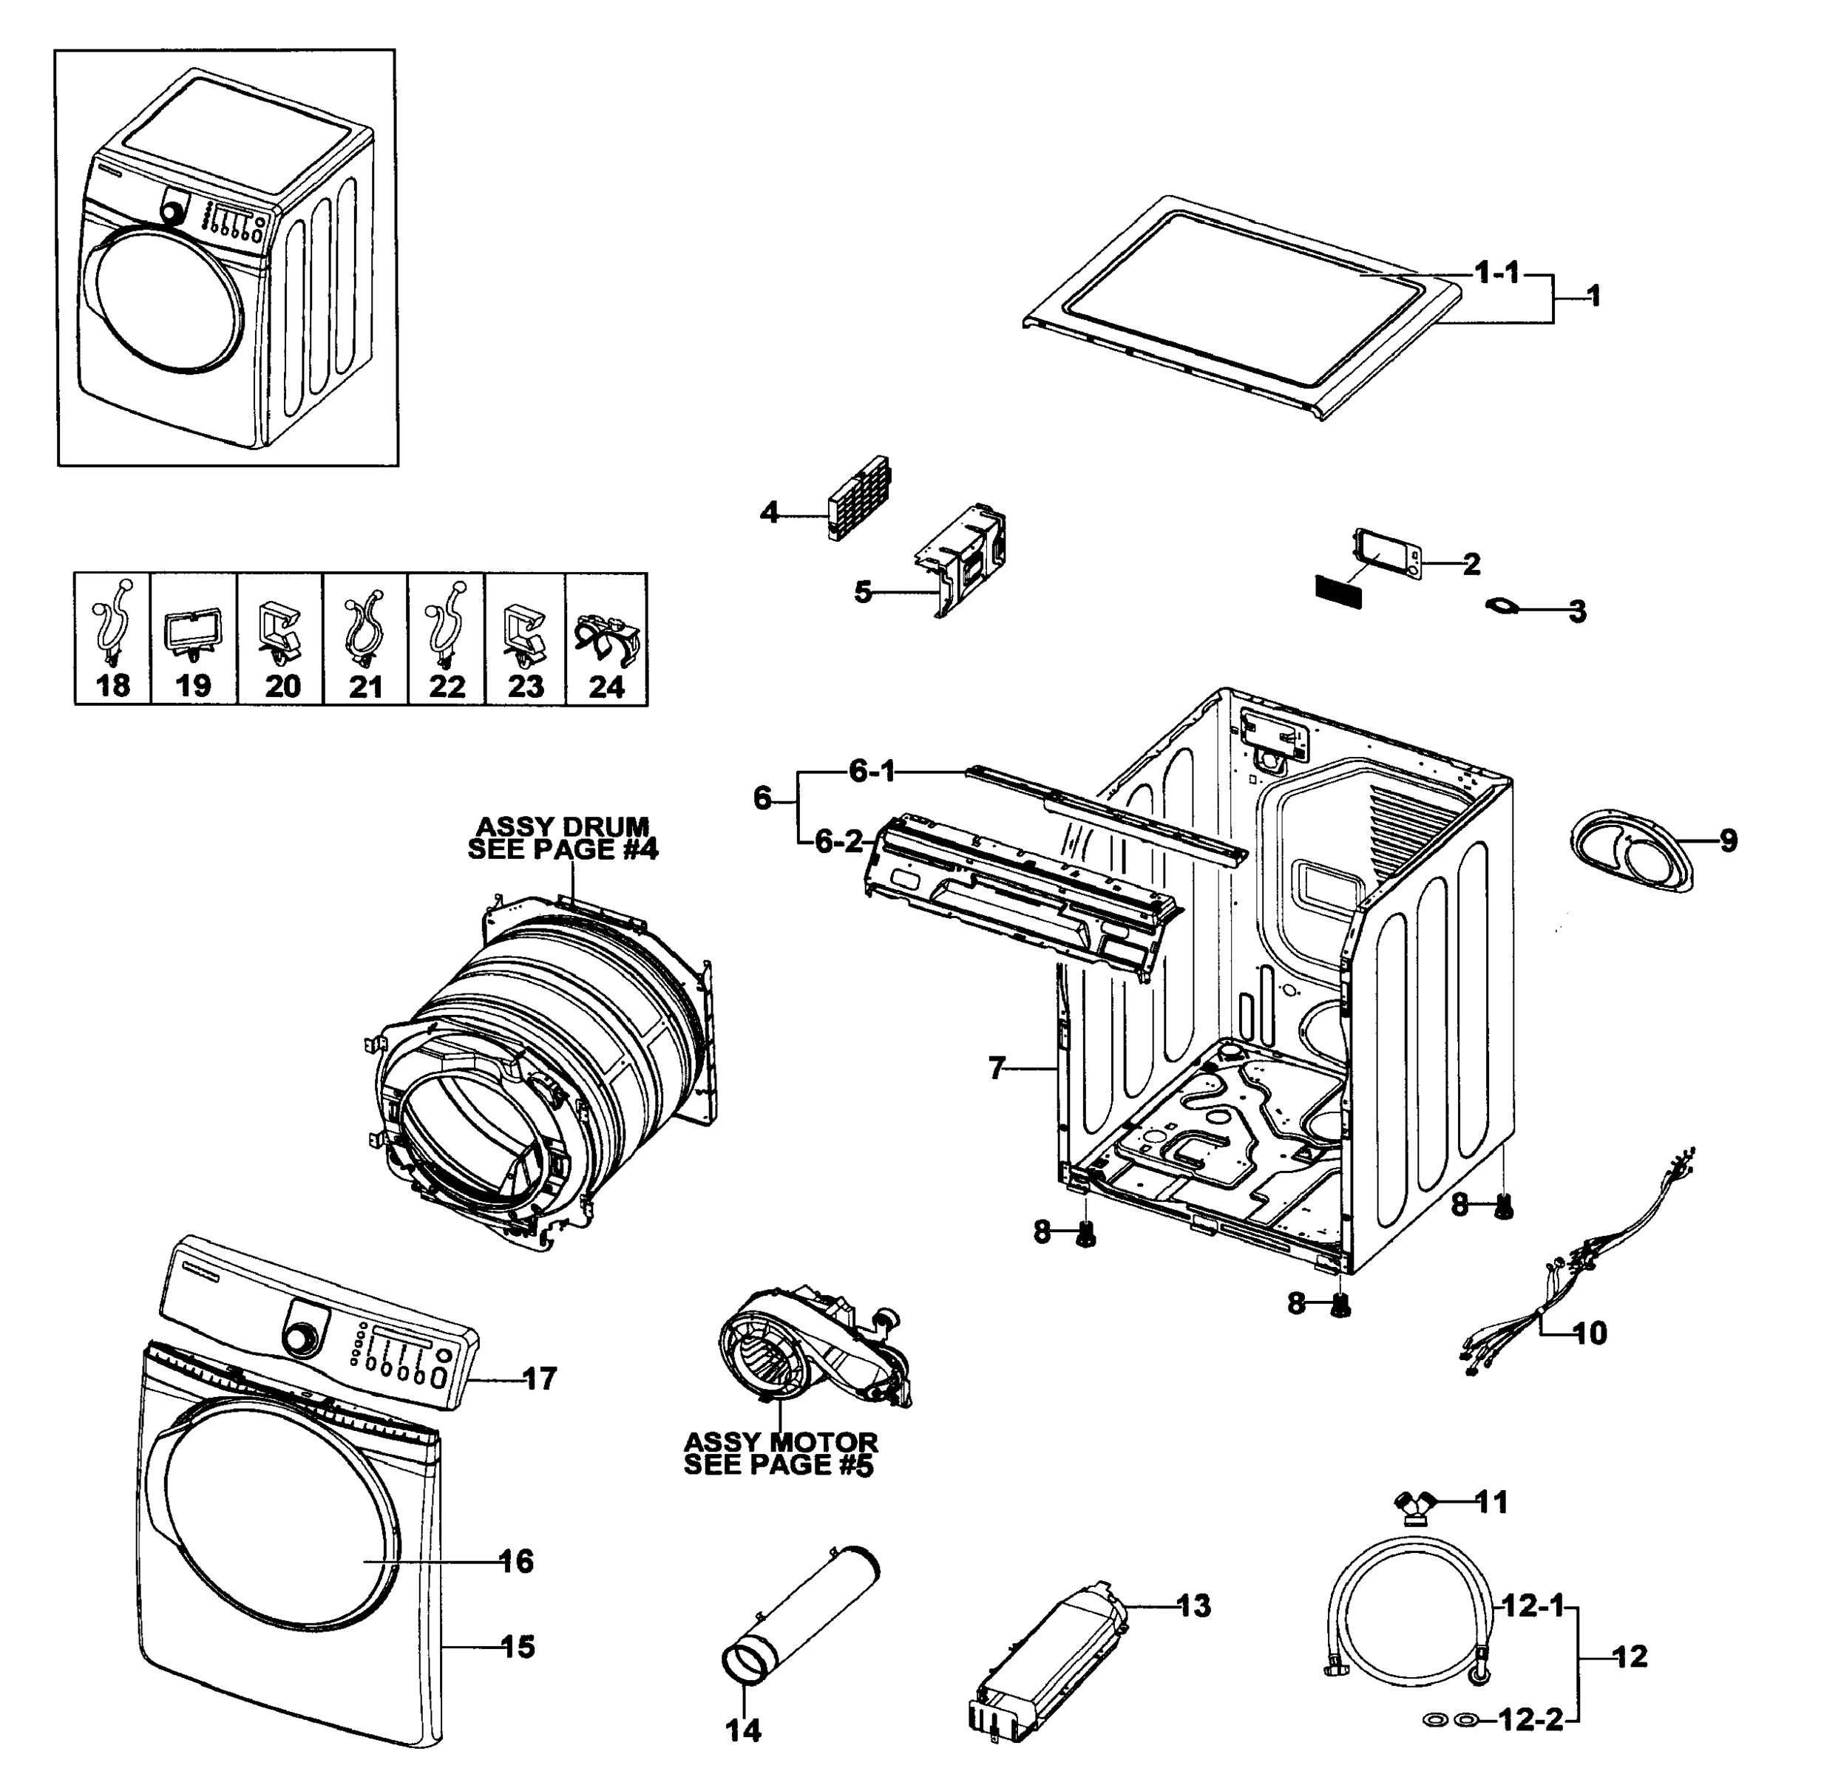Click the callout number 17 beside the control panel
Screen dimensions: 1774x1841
(x=539, y=1379)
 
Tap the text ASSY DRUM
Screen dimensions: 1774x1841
(x=563, y=826)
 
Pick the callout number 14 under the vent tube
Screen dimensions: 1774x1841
(x=744, y=1729)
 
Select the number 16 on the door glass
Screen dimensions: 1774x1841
(x=517, y=1561)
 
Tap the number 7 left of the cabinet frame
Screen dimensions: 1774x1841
(x=997, y=1068)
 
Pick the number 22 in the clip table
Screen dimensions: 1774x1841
(x=447, y=687)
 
